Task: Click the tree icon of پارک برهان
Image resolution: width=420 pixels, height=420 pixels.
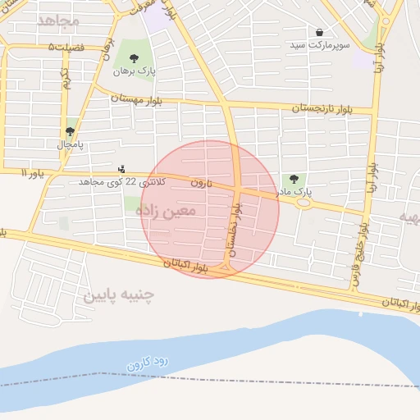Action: (134, 58)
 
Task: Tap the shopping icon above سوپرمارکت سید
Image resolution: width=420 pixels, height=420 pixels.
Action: (319, 32)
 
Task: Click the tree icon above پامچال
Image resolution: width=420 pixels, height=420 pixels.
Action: (71, 130)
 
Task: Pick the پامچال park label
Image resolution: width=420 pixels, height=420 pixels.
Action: (71, 144)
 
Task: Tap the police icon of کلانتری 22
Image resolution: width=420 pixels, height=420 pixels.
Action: (122, 169)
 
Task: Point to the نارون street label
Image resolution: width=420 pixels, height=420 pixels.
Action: (202, 182)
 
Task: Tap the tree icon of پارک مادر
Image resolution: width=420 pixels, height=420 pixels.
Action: (294, 179)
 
